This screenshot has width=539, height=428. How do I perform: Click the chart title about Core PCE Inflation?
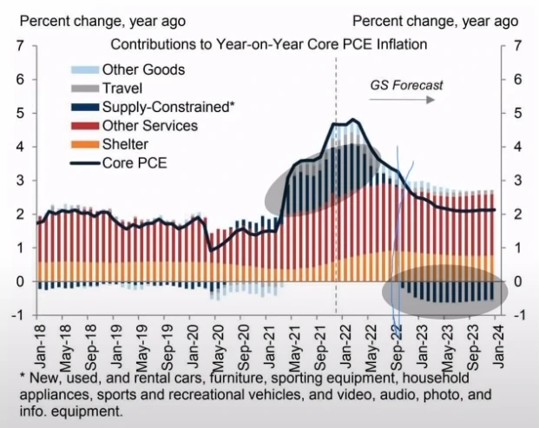click(270, 44)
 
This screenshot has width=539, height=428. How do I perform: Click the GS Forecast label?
click(406, 85)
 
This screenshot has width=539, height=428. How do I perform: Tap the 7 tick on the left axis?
click(20, 45)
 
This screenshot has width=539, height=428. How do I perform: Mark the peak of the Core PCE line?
click(352, 120)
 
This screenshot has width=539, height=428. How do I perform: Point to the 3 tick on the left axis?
click(20, 180)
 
